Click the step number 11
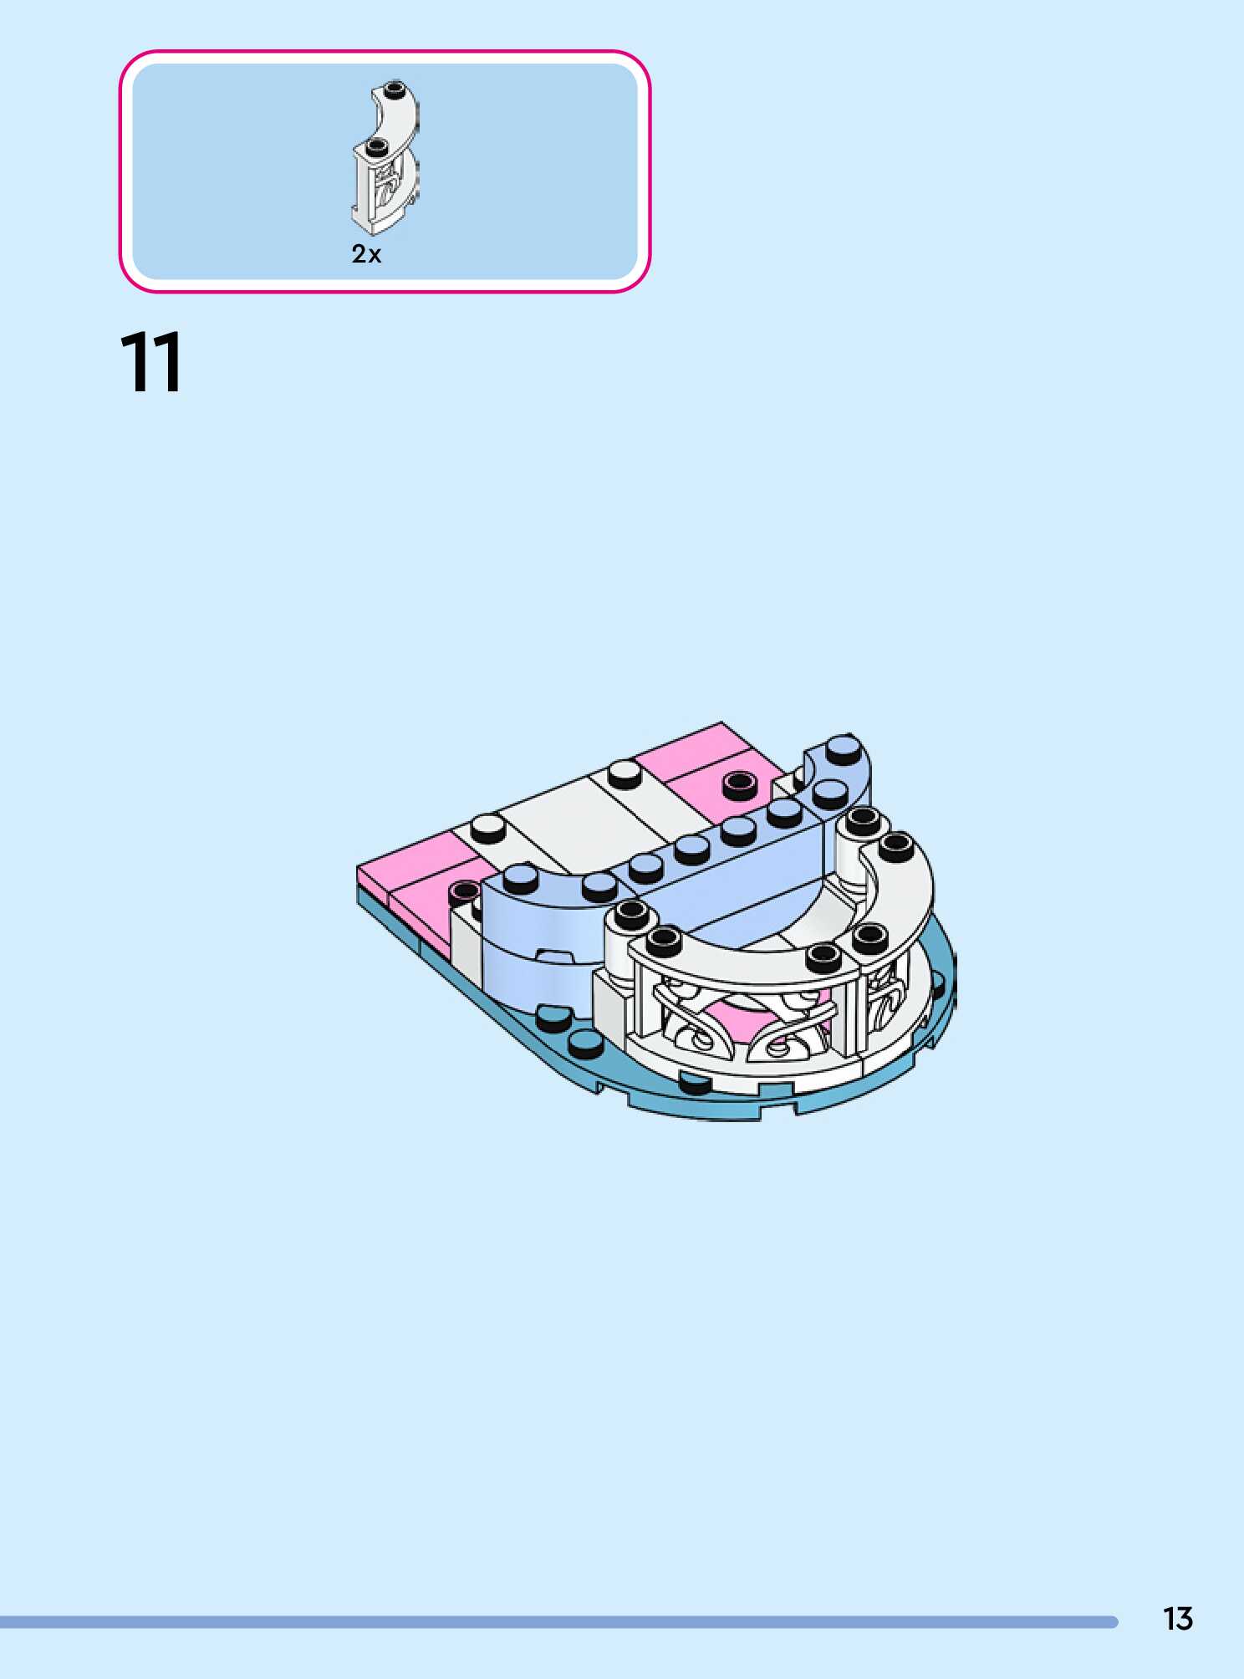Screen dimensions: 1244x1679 [151, 362]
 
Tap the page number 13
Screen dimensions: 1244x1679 [1177, 1619]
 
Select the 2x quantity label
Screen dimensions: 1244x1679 [366, 254]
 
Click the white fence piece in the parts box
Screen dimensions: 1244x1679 [385, 157]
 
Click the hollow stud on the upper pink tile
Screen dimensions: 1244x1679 [738, 782]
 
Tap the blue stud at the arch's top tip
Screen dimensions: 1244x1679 [843, 746]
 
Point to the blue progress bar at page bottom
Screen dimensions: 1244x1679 [558, 1621]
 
